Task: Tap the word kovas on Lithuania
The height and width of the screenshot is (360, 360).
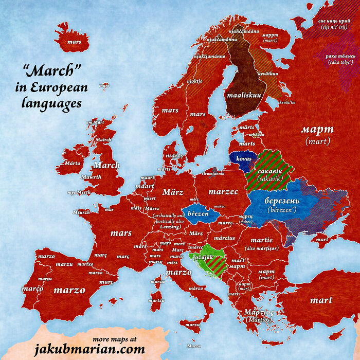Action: pos(244,158)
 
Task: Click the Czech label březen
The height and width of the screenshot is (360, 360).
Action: pos(197,213)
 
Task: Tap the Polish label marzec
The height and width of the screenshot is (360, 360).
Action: pos(223,191)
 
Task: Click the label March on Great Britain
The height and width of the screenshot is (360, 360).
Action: pos(106,165)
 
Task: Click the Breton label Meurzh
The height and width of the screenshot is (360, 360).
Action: pos(81,212)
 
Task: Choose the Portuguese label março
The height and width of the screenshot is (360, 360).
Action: pos(32,289)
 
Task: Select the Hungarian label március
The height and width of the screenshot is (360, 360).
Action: pos(225,238)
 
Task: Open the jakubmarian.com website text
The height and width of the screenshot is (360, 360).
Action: pos(89,350)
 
